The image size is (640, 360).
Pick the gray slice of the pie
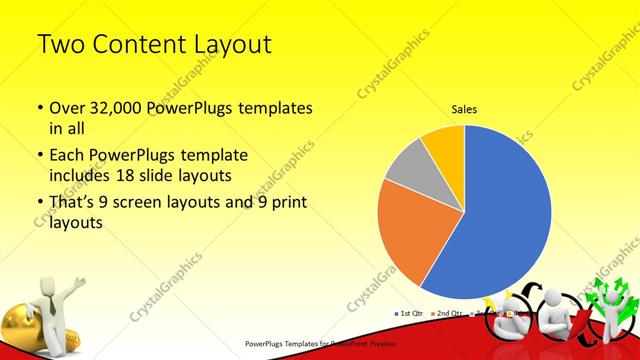click(x=408, y=169)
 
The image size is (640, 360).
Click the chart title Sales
click(x=464, y=108)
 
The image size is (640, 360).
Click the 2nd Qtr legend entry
click(x=449, y=314)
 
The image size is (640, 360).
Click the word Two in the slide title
click(x=58, y=45)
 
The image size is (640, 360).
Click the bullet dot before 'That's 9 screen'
click(x=38, y=204)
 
